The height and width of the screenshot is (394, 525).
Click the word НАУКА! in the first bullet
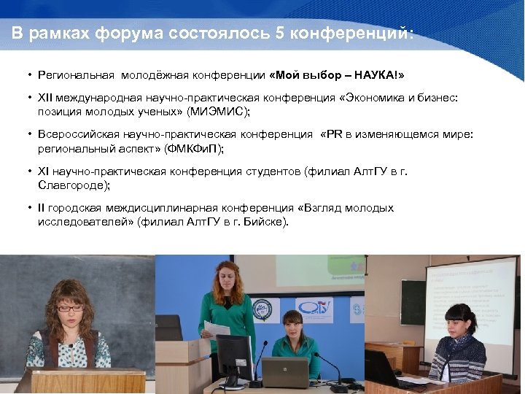(x=378, y=75)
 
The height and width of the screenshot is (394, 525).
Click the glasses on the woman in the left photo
(x=70, y=309)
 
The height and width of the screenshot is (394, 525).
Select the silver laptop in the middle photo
(x=285, y=372)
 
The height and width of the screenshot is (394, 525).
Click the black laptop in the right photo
(x=383, y=368)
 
